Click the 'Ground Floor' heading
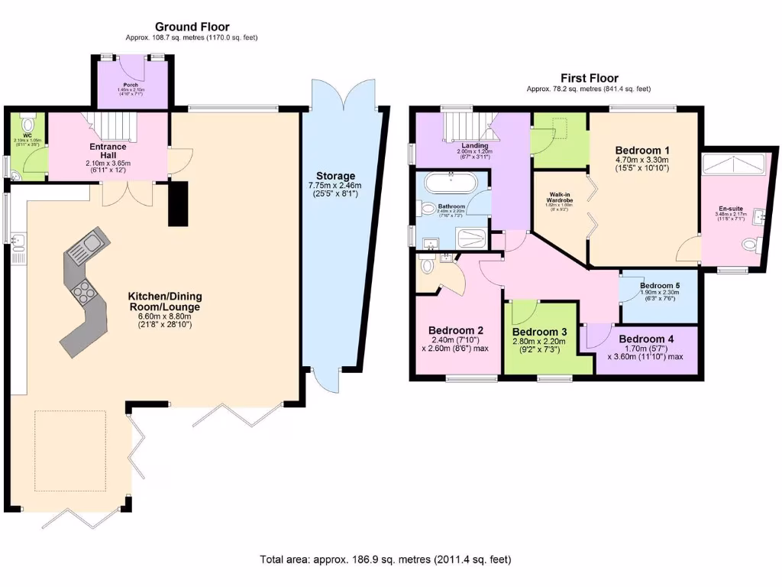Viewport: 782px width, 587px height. (x=192, y=27)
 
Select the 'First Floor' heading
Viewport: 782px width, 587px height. (x=589, y=78)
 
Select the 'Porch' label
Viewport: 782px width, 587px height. (x=131, y=85)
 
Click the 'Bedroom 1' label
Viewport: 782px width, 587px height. (x=642, y=150)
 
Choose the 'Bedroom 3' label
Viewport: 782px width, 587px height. (x=539, y=332)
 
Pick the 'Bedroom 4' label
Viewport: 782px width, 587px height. (x=646, y=339)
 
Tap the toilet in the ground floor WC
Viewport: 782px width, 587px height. (x=28, y=125)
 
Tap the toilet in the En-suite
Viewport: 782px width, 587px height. (x=751, y=245)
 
